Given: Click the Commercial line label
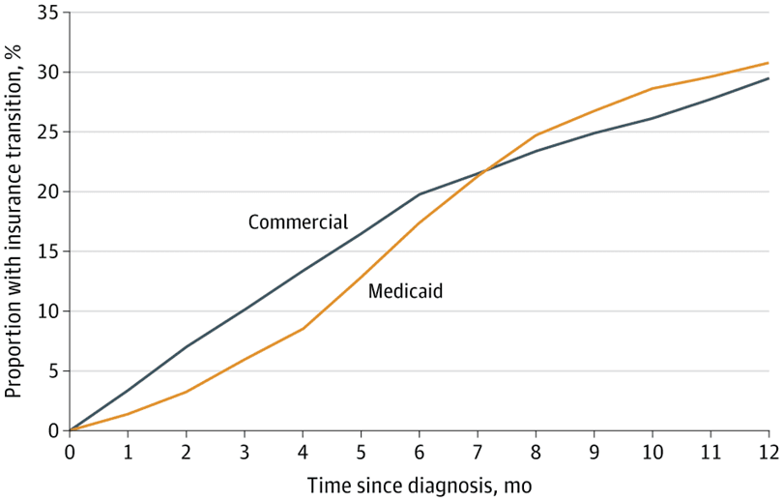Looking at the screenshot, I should tap(298, 221).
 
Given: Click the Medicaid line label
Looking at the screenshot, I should tap(405, 290).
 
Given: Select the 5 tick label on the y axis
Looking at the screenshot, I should tap(53, 370).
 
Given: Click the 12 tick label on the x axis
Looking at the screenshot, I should tap(768, 452).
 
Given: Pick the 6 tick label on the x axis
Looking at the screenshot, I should tap(419, 452).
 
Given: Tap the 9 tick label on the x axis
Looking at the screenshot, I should tap(594, 452).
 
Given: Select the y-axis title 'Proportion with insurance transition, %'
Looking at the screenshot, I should tap(14, 221).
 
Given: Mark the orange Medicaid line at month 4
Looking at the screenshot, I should tap(303, 329).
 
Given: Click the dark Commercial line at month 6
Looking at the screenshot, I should tap(419, 194).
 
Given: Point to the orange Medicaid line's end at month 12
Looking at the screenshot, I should tap(768, 63).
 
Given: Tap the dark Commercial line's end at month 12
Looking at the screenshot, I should tap(768, 78).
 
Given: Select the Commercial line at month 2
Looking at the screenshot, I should tap(186, 346).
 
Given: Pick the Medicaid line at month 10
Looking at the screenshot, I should tap(652, 88).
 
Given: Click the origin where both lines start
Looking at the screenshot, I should tap(70, 430).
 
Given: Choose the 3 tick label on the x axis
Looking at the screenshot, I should tap(245, 452).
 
